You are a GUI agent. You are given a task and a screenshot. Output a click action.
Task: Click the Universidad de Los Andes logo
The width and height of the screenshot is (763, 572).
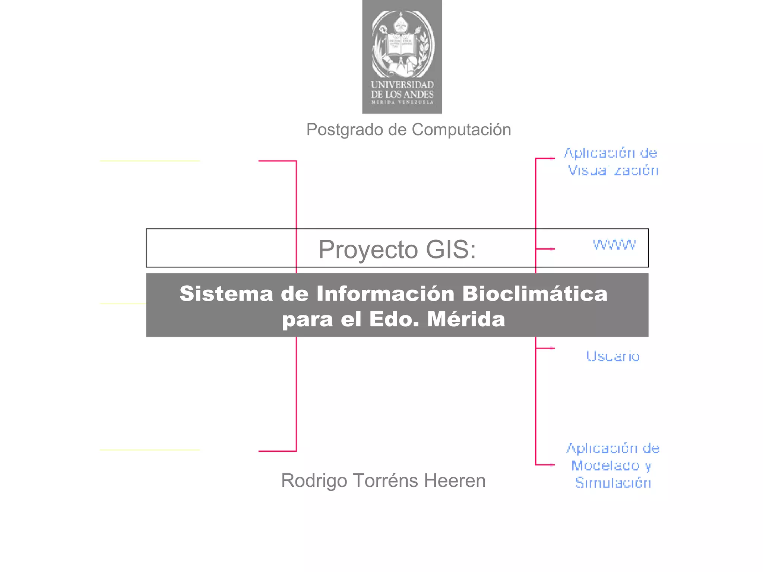tap(402, 57)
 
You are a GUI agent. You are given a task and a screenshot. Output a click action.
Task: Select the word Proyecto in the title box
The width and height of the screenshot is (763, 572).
tap(368, 249)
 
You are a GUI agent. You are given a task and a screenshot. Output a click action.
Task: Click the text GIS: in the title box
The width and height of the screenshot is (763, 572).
tap(451, 249)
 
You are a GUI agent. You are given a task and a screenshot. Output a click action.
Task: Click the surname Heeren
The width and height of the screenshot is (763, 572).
tap(455, 481)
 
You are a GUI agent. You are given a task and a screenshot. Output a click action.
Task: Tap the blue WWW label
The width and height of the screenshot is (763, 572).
tap(614, 245)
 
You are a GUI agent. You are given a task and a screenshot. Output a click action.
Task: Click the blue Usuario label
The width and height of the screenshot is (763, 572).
tap(613, 356)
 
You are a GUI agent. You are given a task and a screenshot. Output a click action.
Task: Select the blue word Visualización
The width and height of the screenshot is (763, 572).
tap(613, 171)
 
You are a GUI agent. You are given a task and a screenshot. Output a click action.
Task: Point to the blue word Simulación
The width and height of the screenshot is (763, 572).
tap(613, 483)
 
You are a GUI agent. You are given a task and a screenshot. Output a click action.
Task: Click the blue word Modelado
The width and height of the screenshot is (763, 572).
tap(606, 465)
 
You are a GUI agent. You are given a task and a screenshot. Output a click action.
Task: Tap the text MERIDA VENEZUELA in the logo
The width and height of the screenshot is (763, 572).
tap(402, 102)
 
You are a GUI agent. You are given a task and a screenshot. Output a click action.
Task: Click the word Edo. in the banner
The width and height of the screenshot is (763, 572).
tap(395, 319)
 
